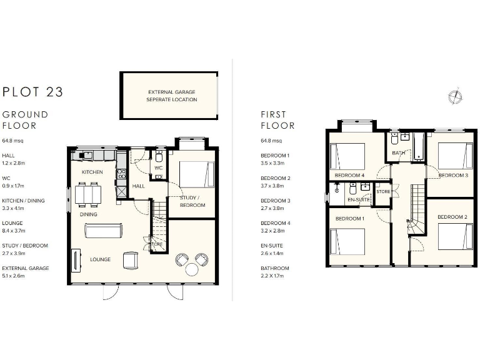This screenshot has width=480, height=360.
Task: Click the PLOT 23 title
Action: click(x=33, y=92)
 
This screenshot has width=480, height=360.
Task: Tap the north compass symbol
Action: click(x=455, y=96)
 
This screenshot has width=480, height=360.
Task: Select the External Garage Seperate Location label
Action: click(x=171, y=96)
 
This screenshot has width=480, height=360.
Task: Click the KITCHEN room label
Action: click(x=92, y=171)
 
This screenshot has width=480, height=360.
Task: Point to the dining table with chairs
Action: click(x=87, y=194)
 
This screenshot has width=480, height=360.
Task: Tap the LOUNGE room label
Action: click(x=100, y=259)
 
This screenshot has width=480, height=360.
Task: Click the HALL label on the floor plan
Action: click(x=138, y=186)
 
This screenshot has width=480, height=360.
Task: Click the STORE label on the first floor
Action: click(x=383, y=191)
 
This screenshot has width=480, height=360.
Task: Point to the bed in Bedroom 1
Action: click(x=347, y=242)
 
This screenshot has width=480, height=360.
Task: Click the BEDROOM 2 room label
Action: click(x=452, y=217)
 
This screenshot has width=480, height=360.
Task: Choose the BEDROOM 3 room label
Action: click(x=452, y=176)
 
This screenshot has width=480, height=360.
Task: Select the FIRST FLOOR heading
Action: click(x=277, y=120)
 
